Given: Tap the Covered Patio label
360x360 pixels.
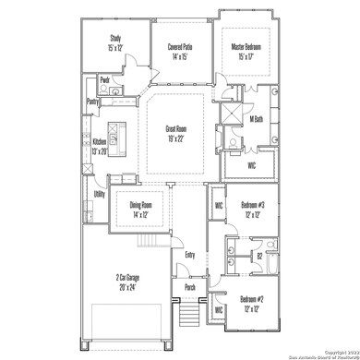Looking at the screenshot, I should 180,47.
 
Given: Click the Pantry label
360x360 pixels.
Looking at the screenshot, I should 92,101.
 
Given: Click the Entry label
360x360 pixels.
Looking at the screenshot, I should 190,255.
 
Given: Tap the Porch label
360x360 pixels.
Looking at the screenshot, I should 189,286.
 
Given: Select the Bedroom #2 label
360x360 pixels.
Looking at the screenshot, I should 253,299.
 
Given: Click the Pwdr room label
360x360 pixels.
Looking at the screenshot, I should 106,79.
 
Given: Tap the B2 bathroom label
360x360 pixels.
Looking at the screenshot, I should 259,256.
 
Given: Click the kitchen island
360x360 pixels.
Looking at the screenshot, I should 117,129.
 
